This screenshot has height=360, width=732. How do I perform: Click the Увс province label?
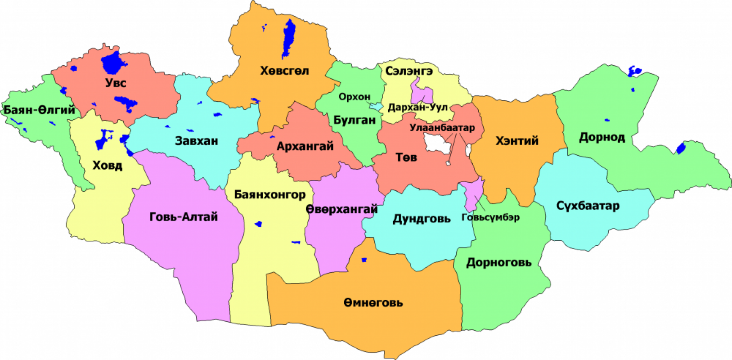click(116, 83)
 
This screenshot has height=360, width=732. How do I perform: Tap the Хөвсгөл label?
click(284, 71)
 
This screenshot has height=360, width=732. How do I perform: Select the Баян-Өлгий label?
click(39, 110)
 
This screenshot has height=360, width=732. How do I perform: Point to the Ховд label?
click(107, 166)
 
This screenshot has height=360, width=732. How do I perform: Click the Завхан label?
click(197, 141)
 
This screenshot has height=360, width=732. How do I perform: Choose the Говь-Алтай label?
click(184, 217)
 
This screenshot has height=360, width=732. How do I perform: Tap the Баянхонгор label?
click(269, 194)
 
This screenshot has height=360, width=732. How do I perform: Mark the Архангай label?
click(305, 146)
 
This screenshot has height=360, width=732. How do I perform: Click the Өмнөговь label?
click(373, 303)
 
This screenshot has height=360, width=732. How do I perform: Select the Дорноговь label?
click(499, 262)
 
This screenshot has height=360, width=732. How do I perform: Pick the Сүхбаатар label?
click(588, 206)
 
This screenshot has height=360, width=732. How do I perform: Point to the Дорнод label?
click(602, 137)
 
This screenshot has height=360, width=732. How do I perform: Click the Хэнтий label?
click(517, 141)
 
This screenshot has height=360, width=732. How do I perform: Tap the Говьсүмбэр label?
click(490, 217)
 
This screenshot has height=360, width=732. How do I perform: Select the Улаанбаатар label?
click(442, 128)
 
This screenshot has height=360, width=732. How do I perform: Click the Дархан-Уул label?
click(418, 108)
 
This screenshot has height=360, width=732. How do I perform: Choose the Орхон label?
click(355, 97)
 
